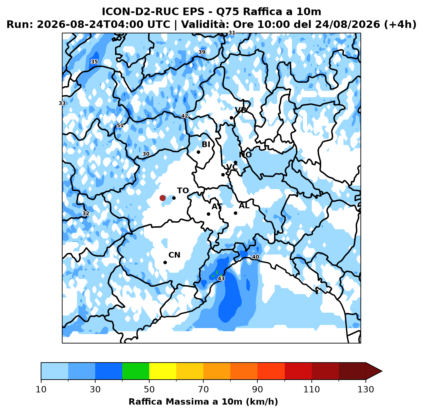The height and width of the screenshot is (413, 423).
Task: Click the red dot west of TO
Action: (162, 198)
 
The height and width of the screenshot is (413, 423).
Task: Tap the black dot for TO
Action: (174, 198)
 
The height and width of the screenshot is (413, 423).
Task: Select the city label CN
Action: (174, 255)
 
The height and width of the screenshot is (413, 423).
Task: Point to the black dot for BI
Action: (198, 152)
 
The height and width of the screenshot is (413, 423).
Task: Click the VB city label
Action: (241, 110)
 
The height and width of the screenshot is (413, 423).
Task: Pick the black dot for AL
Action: (235, 213)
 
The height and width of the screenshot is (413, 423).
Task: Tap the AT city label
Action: (217, 206)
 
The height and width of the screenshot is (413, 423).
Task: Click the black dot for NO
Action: (235, 163)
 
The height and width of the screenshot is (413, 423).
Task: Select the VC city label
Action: (232, 167)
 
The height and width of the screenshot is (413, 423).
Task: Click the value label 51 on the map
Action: (120, 125)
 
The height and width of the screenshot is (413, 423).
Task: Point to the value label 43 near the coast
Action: (221, 278)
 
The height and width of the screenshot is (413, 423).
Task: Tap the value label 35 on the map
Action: (94, 62)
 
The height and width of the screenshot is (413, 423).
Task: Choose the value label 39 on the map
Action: (202, 52)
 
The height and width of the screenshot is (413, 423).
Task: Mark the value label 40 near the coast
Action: (255, 257)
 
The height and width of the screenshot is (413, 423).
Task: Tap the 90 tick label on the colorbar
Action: (258, 389)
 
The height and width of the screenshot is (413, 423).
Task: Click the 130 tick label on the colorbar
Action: (366, 389)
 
